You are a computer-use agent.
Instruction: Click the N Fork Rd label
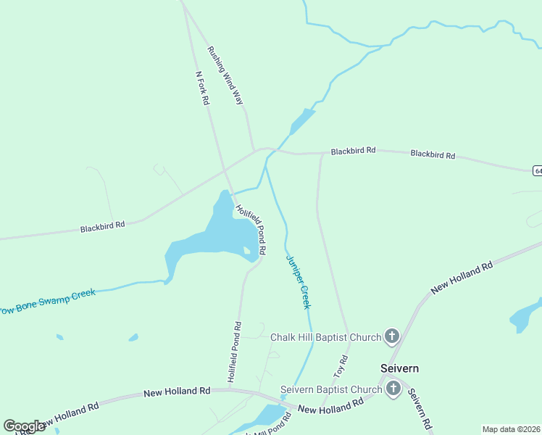(202, 88)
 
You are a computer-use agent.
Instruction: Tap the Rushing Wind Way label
(225, 76)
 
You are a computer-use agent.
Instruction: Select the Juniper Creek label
(298, 282)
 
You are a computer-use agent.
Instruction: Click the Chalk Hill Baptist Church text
(325, 337)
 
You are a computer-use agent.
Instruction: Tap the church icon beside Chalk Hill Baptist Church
(392, 336)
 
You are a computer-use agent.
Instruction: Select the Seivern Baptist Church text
(331, 389)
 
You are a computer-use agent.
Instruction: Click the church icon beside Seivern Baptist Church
(393, 389)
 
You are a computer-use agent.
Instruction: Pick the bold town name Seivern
(400, 368)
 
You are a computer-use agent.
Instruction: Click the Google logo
(24, 426)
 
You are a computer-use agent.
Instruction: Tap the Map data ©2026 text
(512, 429)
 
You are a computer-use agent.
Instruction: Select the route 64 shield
(537, 170)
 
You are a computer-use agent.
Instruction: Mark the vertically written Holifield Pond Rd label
(234, 352)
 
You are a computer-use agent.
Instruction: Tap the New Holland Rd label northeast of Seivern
(462, 278)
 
